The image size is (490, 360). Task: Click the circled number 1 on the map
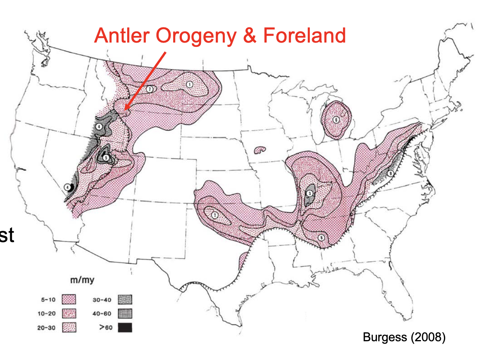coord(190,84)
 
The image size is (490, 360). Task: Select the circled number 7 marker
coord(149,89)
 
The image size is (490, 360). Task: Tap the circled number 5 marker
coord(106,158)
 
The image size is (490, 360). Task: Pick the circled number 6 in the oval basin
coord(336,120)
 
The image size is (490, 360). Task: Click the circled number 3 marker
coord(309,193)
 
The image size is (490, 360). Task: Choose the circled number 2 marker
coord(215,214)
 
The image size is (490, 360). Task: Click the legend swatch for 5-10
coord(69,300)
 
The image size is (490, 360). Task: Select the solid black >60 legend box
coord(125,327)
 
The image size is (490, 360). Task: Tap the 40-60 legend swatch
coord(125,314)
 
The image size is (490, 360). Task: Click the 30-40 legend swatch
coord(125,300)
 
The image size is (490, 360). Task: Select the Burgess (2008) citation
coord(403,337)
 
